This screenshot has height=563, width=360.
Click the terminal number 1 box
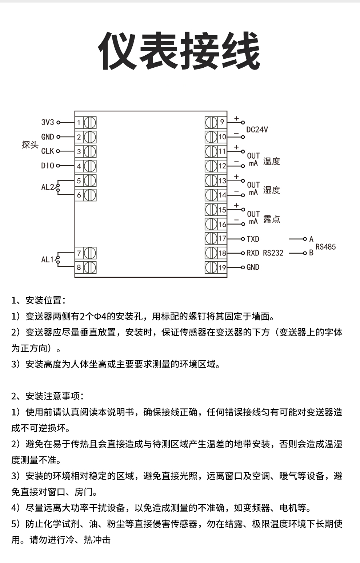pyautogui.click(x=79, y=122)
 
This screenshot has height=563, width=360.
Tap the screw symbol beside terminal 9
pyautogui.click(x=211, y=122)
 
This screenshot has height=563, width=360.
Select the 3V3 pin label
pyautogui.click(x=47, y=122)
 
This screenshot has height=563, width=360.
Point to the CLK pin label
pyautogui.click(x=47, y=151)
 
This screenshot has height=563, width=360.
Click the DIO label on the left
pyautogui.click(x=47, y=166)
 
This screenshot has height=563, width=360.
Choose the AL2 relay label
pyautogui.click(x=47, y=187)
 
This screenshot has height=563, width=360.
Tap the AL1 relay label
pyautogui.click(x=47, y=259)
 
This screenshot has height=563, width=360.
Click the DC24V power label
pyautogui.click(x=257, y=130)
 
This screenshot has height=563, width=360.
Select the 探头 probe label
pyautogui.click(x=30, y=144)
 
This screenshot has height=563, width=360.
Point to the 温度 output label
pyautogui.click(x=272, y=161)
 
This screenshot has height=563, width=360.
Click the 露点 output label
pyautogui.click(x=272, y=219)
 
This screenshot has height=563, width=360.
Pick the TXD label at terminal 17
pyautogui.click(x=253, y=239)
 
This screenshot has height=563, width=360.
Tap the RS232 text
pyautogui.click(x=273, y=253)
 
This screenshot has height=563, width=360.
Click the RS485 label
pyautogui.click(x=325, y=247)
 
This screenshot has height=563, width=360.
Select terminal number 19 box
pyautogui.click(x=222, y=267)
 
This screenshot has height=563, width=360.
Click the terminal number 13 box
pyautogui.click(x=222, y=181)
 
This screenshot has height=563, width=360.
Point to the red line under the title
pyautogui.click(x=176, y=86)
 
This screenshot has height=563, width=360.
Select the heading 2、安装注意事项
pyautogui.click(x=48, y=396)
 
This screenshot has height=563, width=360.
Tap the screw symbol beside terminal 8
pyautogui.click(x=90, y=267)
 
